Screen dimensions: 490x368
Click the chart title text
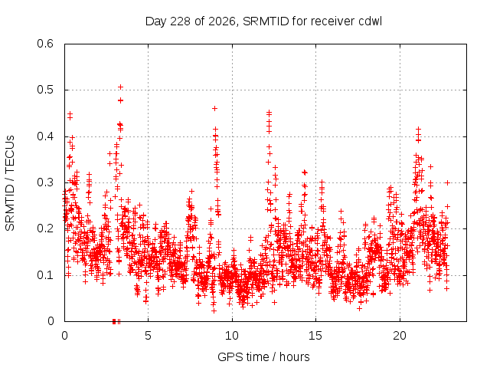(263, 21)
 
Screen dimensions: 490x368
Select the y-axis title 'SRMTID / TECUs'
(10, 183)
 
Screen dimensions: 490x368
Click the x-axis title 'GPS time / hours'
(263, 356)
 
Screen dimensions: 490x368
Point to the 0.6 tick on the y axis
(45, 44)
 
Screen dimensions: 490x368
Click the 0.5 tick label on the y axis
(45, 90)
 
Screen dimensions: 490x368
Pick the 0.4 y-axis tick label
(45, 136)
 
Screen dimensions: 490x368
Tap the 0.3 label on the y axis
(45, 182)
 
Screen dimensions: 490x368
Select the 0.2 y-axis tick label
(45, 228)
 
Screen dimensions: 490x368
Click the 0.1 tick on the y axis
(45, 275)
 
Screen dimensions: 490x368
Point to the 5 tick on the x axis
(148, 336)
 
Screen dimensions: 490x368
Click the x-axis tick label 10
(232, 336)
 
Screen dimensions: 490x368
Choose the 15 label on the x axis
(315, 336)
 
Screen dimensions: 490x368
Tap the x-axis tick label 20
(400, 336)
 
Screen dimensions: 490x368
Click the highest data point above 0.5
(120, 87)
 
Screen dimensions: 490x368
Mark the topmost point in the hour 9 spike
(214, 109)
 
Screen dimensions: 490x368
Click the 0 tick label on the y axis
(51, 321)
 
